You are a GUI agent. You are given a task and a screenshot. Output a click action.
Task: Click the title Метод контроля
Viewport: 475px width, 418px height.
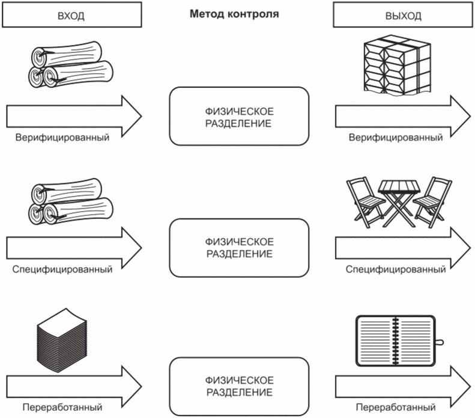pos(234,14)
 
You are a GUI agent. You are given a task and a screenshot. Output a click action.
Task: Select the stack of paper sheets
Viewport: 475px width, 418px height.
pos(62,340)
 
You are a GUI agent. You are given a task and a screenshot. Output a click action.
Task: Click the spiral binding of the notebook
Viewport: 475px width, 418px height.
pos(395,340)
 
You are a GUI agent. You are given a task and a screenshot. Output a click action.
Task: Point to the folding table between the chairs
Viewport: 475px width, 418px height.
pos(399,203)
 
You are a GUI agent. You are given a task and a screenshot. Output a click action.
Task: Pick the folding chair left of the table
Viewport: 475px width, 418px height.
pos(365,202)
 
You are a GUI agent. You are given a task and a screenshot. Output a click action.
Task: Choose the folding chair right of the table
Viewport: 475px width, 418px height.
pos(432,202)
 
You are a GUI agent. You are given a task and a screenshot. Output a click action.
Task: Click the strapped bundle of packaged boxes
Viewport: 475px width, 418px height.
pos(397,64)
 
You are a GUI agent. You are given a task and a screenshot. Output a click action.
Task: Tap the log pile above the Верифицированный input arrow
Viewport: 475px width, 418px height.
pos(71,64)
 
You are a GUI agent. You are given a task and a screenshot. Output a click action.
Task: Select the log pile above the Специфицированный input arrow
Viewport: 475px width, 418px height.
pos(71,201)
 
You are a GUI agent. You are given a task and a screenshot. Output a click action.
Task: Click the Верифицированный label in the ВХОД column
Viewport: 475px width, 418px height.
pos(62,137)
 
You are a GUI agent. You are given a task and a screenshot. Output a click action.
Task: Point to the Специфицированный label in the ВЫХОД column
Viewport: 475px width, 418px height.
pos(396,269)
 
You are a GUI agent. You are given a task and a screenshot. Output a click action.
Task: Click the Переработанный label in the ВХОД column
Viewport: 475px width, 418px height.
pos(62,407)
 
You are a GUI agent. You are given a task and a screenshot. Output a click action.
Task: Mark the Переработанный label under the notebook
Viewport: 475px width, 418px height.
pos(396,407)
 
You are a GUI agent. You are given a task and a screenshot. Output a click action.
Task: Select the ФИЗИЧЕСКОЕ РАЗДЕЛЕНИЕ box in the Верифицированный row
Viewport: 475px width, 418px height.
pos(239,116)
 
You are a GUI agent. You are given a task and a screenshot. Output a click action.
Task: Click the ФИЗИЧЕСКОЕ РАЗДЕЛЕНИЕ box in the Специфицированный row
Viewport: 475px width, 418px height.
pos(239,248)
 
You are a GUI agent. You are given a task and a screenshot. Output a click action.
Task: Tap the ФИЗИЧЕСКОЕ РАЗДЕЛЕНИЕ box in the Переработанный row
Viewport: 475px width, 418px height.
pos(239,387)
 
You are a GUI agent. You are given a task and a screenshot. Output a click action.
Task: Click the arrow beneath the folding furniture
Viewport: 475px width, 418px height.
pos(403,248)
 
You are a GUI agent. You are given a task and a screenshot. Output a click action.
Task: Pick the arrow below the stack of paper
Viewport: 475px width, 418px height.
pos(74,387)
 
